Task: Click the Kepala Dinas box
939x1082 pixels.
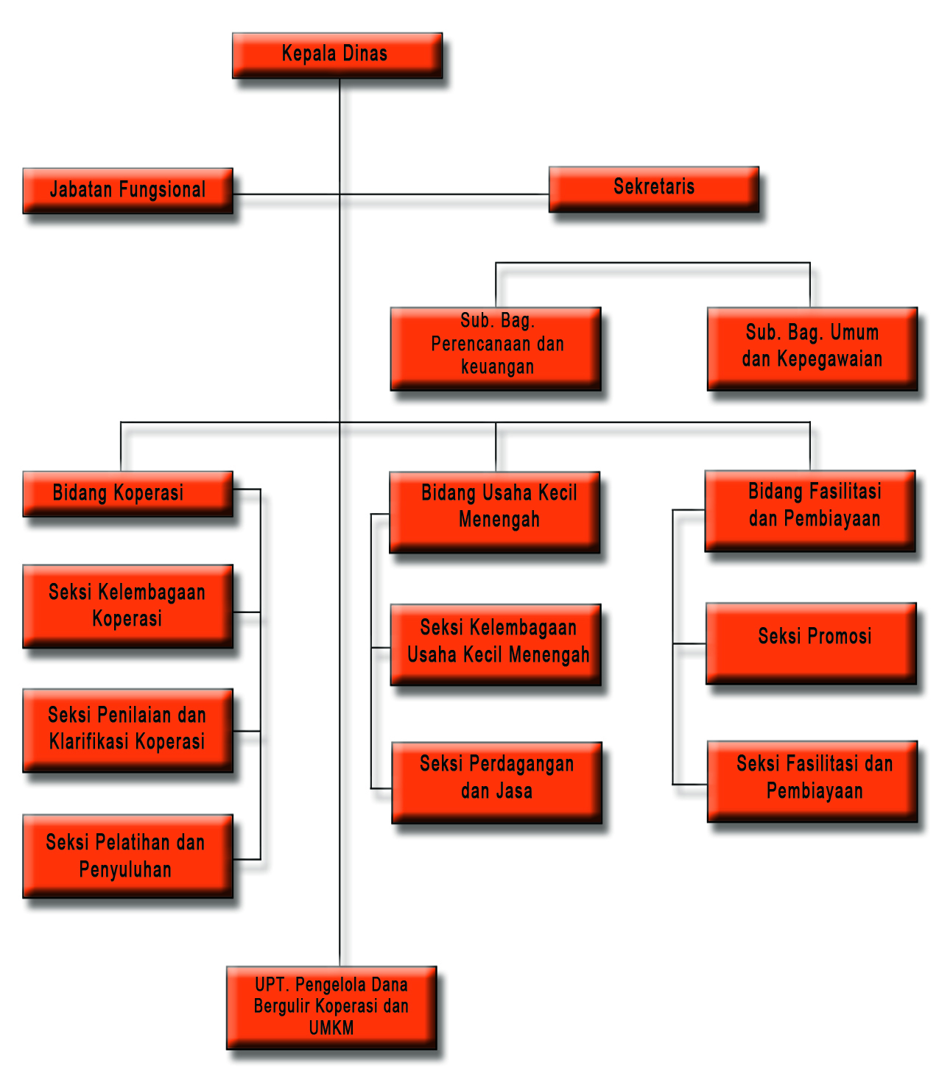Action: coord(337,55)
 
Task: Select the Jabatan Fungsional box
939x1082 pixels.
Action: coord(127,191)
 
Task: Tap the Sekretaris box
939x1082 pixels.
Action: coord(654,188)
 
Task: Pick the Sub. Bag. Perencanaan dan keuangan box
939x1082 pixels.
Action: coord(496,347)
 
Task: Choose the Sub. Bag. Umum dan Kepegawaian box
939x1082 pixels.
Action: coord(812,347)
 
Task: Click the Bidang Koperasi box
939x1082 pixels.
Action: coord(127,493)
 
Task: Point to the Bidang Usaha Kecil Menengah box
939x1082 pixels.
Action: coord(495,512)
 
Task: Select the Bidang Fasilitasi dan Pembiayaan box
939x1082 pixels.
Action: coord(810,510)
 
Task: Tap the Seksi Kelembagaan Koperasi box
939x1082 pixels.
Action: coord(127,606)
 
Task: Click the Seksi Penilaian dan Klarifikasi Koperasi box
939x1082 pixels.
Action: coord(127,729)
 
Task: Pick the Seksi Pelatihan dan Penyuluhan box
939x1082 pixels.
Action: coord(127,855)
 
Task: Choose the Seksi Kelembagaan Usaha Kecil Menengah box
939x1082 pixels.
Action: coord(496,644)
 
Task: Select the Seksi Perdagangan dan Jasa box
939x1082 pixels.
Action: coord(496,782)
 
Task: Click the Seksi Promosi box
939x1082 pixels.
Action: coord(811,643)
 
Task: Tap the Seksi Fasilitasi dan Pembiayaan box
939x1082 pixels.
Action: coord(812,780)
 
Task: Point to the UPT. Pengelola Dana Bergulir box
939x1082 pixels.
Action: coord(331,1007)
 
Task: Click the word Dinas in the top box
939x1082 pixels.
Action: coord(365,54)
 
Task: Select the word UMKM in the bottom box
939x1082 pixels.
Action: coord(331,1028)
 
